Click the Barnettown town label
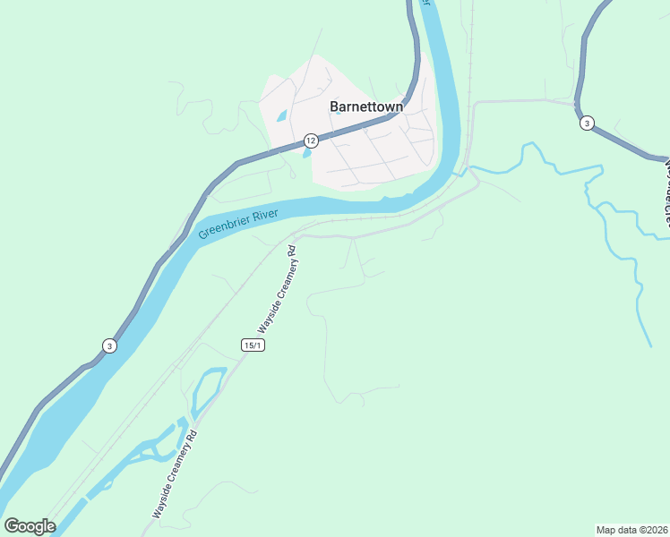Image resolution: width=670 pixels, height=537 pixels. (x=366, y=107)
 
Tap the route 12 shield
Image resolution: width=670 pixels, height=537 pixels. (x=310, y=141)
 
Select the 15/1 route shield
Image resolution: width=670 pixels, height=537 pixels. (x=253, y=345)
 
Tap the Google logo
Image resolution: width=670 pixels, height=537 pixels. (x=30, y=526)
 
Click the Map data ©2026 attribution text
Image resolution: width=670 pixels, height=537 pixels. (x=631, y=530)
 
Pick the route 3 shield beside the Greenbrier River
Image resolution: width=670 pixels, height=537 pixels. (x=108, y=346)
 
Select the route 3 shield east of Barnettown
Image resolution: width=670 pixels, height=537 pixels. (x=586, y=123)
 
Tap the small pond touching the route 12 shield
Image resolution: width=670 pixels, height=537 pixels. (x=306, y=153)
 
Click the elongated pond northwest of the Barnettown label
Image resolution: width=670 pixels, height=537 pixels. (x=282, y=116)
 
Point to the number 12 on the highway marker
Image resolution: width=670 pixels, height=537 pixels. (x=310, y=141)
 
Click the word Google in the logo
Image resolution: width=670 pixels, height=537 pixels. (x=30, y=526)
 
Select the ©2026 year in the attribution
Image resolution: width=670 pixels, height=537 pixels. (x=651, y=530)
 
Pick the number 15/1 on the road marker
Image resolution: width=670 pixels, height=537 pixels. (x=253, y=345)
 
